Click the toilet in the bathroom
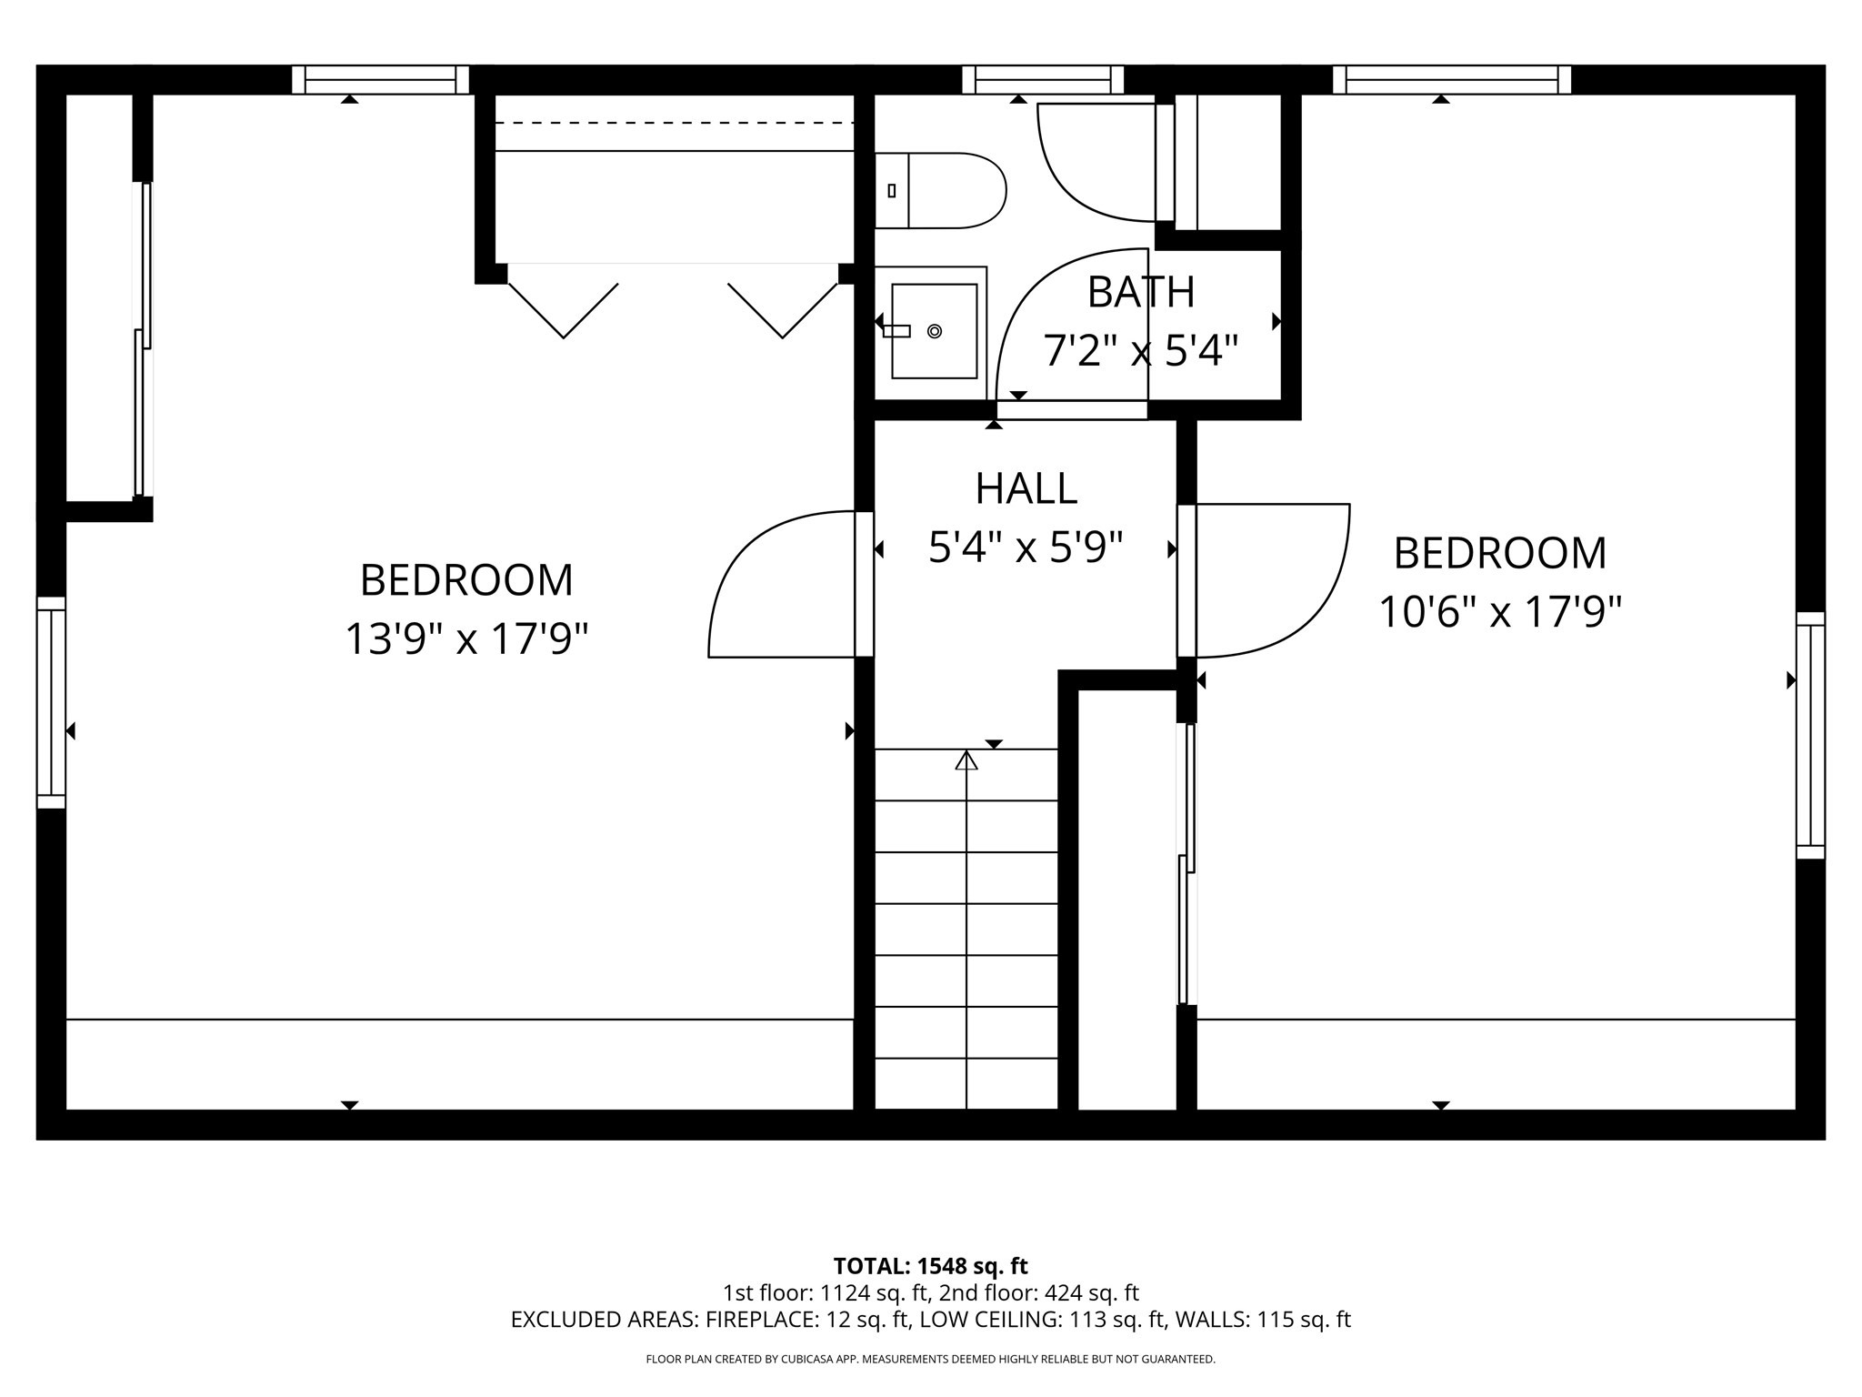pyautogui.click(x=946, y=191)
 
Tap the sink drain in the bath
pyautogui.click(x=934, y=331)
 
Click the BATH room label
pyautogui.click(x=1140, y=292)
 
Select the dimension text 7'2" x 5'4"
pyautogui.click(x=1140, y=351)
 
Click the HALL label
pyautogui.click(x=1026, y=489)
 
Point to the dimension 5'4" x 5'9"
pyautogui.click(x=1026, y=548)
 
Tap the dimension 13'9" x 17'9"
pyautogui.click(x=466, y=638)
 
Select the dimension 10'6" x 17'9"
pyautogui.click(x=1500, y=612)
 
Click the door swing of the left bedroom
pyautogui.click(x=764, y=591)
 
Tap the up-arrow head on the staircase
pyautogui.click(x=966, y=760)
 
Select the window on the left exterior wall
pyautogui.click(x=51, y=703)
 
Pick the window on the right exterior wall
pyautogui.click(x=1810, y=735)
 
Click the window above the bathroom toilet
pyautogui.click(x=1043, y=80)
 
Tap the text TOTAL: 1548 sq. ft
pyautogui.click(x=930, y=1266)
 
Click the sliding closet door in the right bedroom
pyautogui.click(x=1186, y=864)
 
